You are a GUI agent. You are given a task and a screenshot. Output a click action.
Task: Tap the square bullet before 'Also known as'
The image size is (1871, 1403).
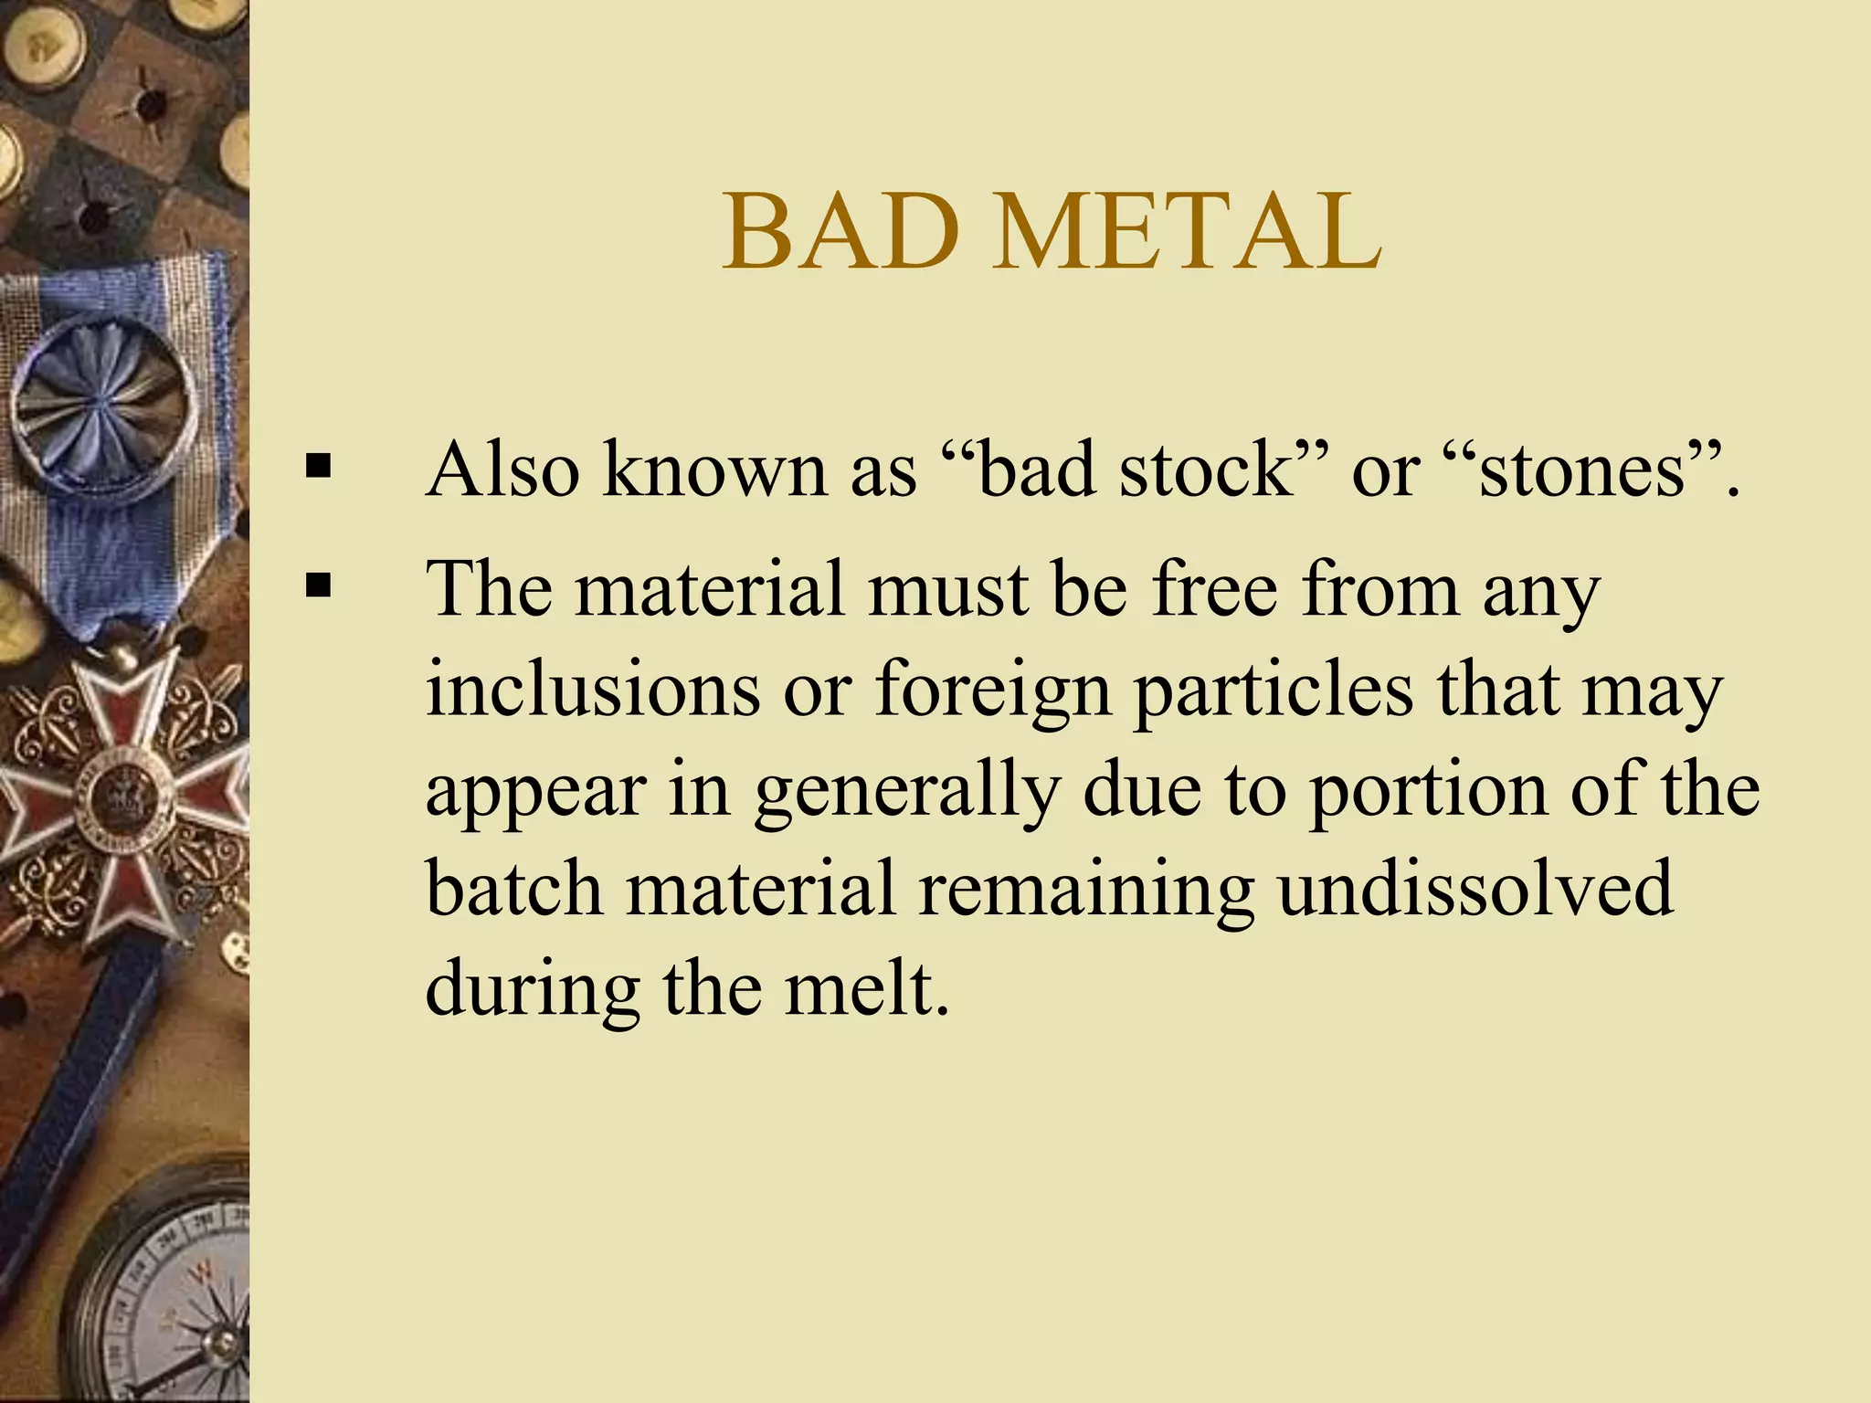318,468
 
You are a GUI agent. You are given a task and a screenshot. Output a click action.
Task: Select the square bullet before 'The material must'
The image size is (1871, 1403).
318,585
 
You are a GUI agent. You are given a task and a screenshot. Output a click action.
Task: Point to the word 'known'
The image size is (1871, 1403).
714,469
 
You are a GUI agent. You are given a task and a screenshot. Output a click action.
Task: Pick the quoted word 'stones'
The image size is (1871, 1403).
1580,469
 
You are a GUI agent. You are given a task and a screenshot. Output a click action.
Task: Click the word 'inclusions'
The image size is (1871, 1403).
593,689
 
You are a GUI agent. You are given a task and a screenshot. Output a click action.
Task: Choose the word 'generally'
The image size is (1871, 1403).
907,791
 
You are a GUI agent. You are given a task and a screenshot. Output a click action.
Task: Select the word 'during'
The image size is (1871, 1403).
531,992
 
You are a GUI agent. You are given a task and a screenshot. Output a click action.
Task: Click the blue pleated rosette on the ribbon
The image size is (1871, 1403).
105,403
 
